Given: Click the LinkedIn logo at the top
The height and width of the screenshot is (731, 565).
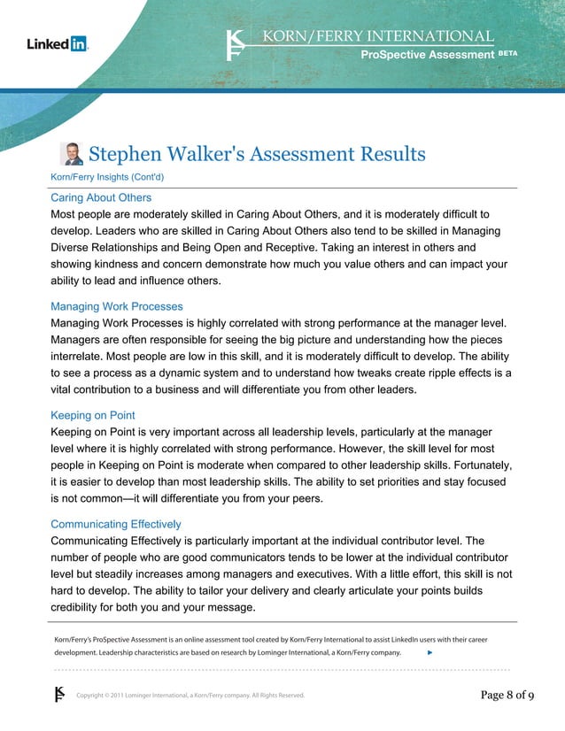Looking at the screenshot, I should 58,43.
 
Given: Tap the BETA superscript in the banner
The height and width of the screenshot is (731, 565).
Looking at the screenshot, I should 507,53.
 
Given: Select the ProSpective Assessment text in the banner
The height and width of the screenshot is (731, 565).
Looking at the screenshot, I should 427,55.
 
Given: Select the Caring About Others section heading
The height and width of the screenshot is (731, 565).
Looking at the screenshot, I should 101,197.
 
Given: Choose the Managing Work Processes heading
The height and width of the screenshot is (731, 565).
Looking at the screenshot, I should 117,307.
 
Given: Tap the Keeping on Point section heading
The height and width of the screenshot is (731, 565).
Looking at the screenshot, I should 93,416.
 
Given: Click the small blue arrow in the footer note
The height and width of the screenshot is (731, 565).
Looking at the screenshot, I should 430,652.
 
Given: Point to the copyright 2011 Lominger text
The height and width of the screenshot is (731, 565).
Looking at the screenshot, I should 190,696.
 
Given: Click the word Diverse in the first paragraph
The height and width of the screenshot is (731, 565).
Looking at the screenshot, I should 74,248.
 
